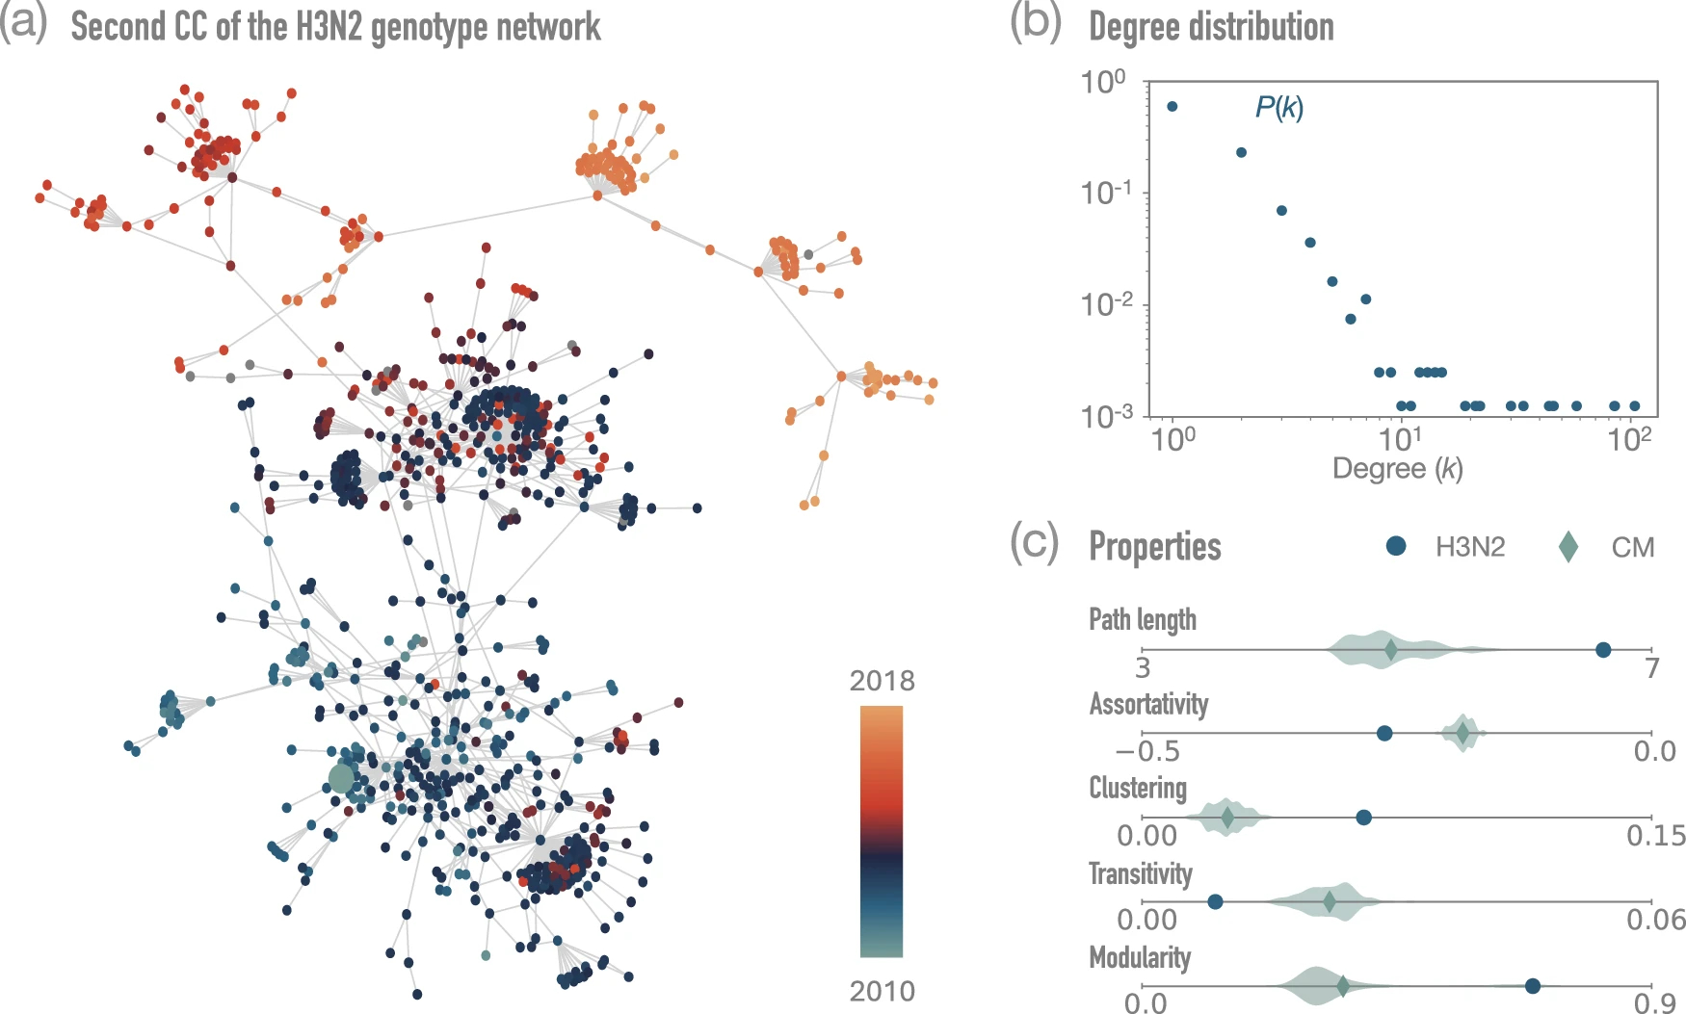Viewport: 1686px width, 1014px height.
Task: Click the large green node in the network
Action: pos(341,778)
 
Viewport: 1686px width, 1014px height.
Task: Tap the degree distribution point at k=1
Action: pos(1172,107)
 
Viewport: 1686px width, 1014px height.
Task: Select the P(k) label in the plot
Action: pos(1278,107)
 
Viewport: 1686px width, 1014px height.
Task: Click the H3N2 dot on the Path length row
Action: pos(1603,650)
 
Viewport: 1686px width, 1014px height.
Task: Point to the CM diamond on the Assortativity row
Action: pos(1462,734)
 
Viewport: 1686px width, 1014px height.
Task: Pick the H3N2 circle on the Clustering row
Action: pos(1363,818)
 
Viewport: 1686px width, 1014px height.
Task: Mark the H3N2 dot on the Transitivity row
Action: pos(1215,901)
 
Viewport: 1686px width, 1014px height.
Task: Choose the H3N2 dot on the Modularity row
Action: pos(1532,985)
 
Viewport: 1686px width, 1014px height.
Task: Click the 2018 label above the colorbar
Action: pos(882,681)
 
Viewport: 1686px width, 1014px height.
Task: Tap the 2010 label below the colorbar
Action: pos(882,991)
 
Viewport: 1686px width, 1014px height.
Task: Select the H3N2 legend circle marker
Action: pos(1395,546)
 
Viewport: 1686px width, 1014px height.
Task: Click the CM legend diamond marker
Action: pos(1567,547)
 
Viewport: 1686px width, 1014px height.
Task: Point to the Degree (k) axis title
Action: pos(1397,469)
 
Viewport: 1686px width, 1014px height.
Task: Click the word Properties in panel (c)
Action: pos(1154,546)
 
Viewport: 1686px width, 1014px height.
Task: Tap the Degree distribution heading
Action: pos(1211,27)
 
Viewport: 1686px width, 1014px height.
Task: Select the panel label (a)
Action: pos(23,23)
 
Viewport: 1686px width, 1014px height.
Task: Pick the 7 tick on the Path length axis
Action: pos(1652,667)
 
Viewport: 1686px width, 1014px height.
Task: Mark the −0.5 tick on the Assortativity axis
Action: pos(1146,751)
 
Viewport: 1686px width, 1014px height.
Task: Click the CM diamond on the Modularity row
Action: pos(1342,986)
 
